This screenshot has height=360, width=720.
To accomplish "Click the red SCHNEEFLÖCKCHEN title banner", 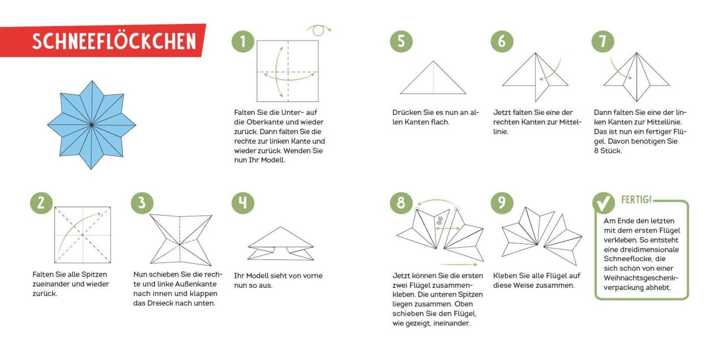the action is (x=103, y=41).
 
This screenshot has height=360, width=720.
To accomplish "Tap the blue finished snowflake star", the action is (x=92, y=124).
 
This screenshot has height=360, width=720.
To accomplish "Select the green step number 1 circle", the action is (x=243, y=42).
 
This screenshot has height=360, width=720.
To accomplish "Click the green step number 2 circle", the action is (x=42, y=203).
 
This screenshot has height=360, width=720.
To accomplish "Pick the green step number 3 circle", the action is (x=142, y=203).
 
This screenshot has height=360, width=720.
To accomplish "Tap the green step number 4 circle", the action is (x=243, y=203).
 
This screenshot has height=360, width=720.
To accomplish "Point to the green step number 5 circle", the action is (x=401, y=42).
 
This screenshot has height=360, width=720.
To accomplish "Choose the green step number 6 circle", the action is (x=502, y=42).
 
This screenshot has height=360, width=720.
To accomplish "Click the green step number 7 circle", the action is (x=603, y=42).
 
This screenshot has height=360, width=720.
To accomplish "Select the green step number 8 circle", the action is (x=401, y=203).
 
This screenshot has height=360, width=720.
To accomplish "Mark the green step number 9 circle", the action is (x=502, y=203).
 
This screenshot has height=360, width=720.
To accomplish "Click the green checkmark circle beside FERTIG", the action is (x=603, y=203).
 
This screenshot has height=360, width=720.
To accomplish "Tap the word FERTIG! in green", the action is (x=636, y=199).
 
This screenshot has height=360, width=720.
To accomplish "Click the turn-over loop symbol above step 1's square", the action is (x=318, y=31).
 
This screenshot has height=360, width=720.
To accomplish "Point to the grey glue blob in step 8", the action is (x=439, y=221).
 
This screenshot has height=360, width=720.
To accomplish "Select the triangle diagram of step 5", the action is (x=433, y=78).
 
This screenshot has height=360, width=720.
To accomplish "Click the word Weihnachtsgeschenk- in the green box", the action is (x=641, y=278).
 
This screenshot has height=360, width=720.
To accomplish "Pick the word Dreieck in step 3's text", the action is (x=161, y=303).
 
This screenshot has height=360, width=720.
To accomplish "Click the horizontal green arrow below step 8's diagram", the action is (x=459, y=264).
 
